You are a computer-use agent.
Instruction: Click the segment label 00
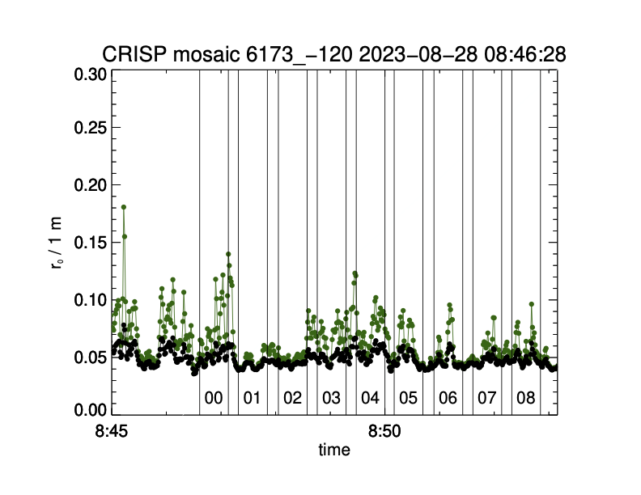click(214, 398)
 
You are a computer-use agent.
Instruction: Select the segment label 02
click(291, 398)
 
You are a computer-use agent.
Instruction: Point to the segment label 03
click(330, 398)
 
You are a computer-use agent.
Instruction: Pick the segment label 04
click(370, 398)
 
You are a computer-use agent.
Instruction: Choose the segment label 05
click(409, 398)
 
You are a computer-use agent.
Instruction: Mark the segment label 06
click(448, 398)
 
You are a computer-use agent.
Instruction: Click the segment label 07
click(486, 398)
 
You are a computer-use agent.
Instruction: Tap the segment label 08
click(526, 398)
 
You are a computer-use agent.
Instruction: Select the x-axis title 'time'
click(333, 450)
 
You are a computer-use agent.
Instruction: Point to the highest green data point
click(124, 207)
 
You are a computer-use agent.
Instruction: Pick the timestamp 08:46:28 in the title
click(518, 54)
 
